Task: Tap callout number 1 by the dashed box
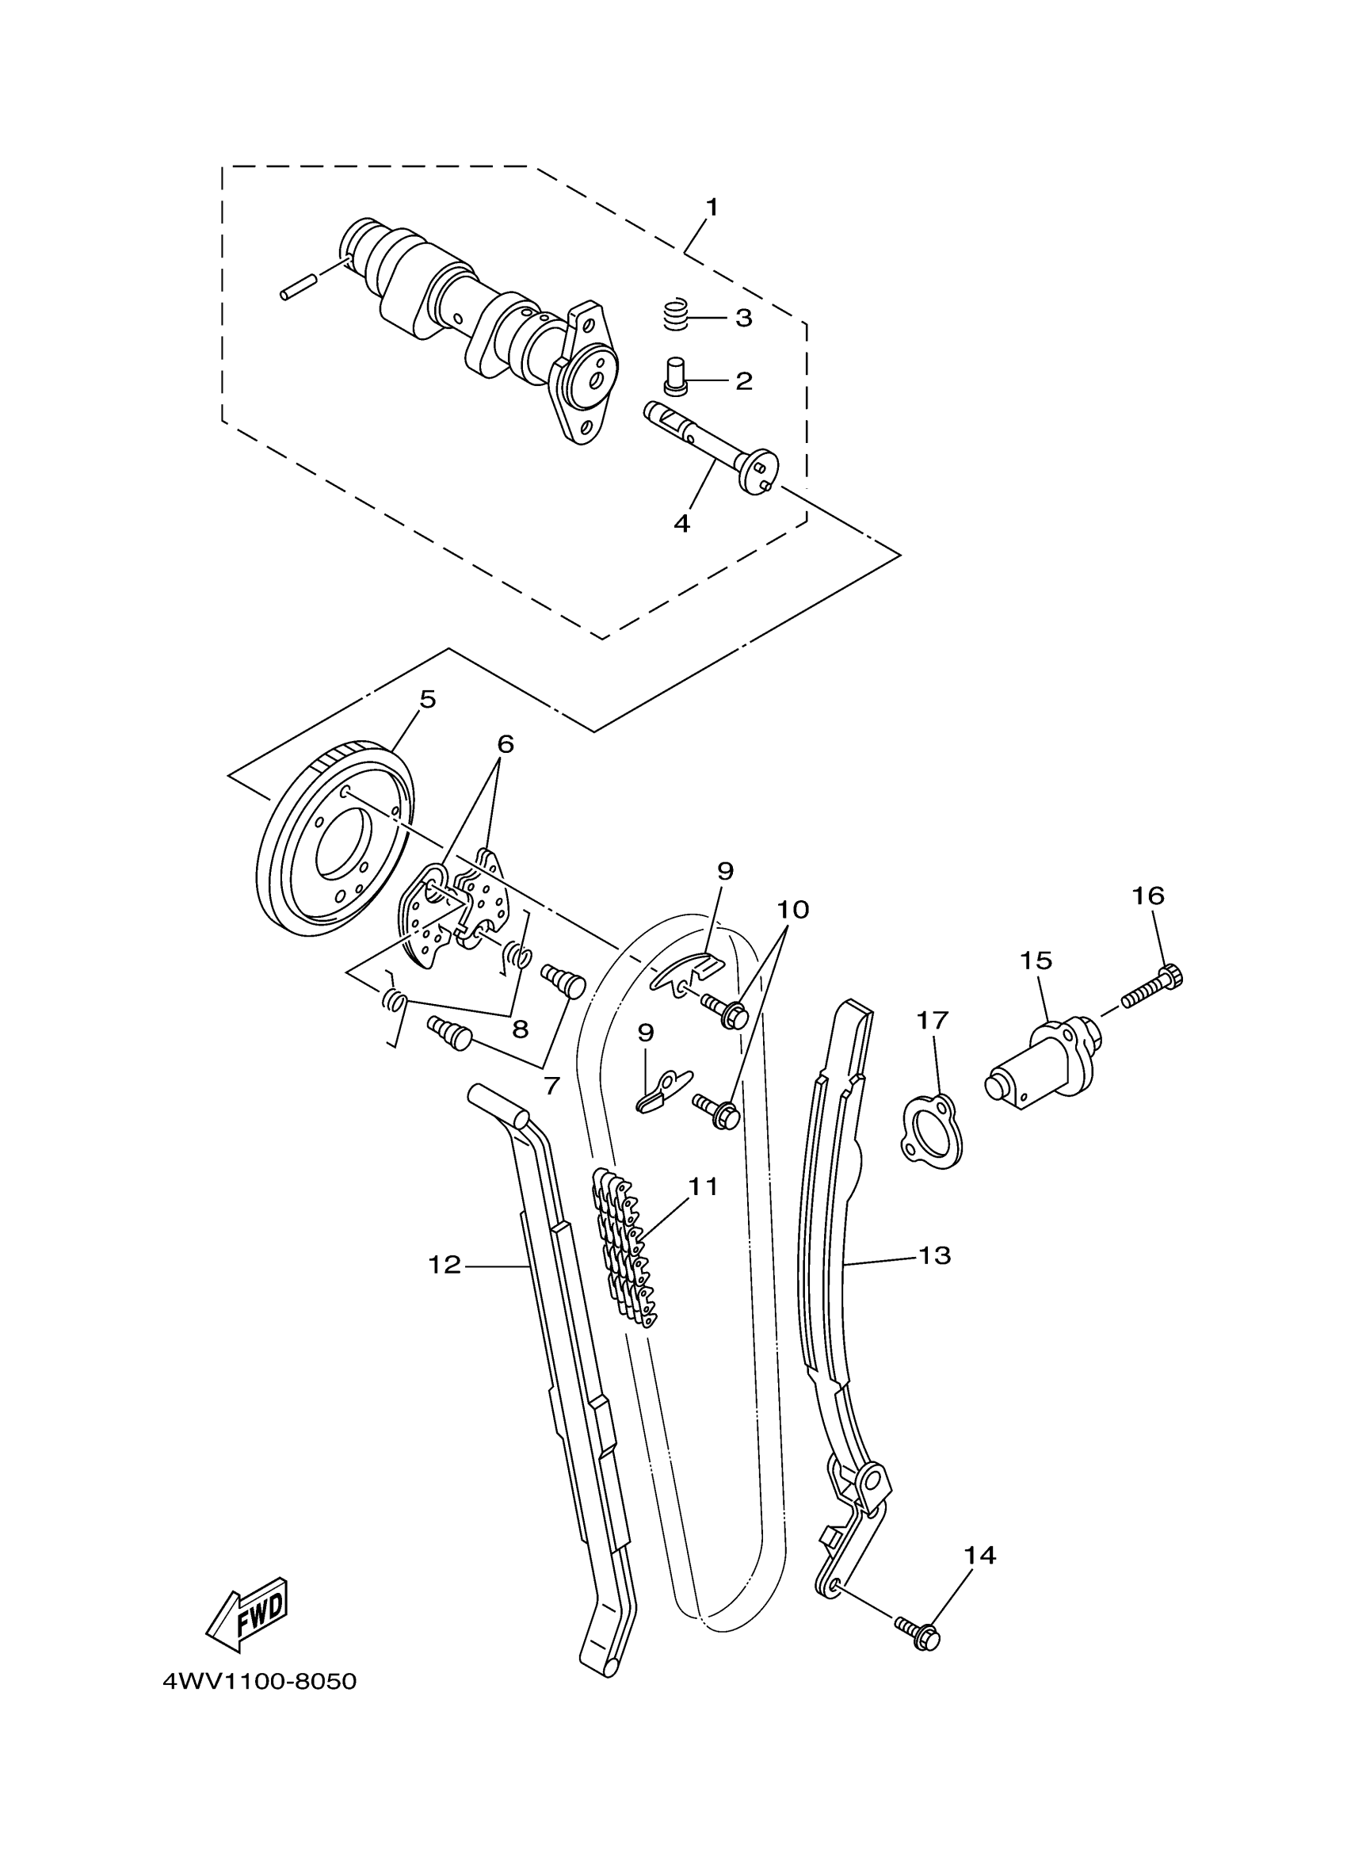coord(712,207)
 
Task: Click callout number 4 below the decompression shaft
coord(681,523)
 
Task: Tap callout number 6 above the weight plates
coord(505,744)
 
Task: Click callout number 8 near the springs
coord(520,1029)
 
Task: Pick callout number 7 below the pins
coord(551,1086)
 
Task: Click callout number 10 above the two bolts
coord(793,909)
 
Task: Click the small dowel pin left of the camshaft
coord(299,289)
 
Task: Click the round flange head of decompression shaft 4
coord(759,471)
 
